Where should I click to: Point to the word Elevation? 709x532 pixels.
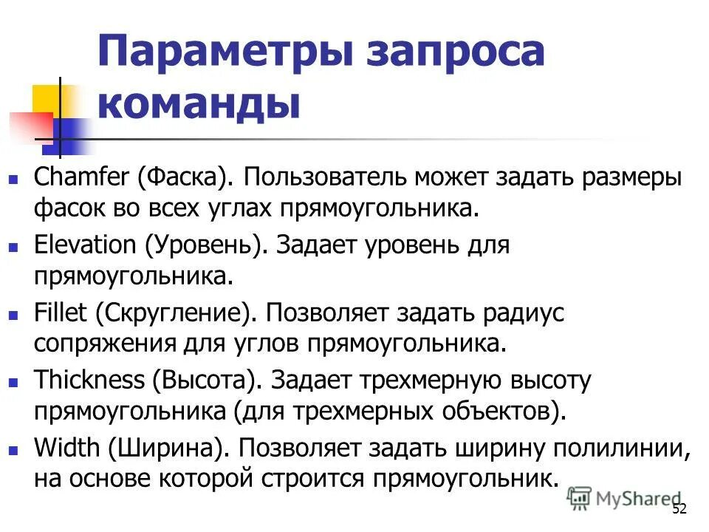pos(85,245)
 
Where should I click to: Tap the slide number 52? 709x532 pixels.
pos(679,509)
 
